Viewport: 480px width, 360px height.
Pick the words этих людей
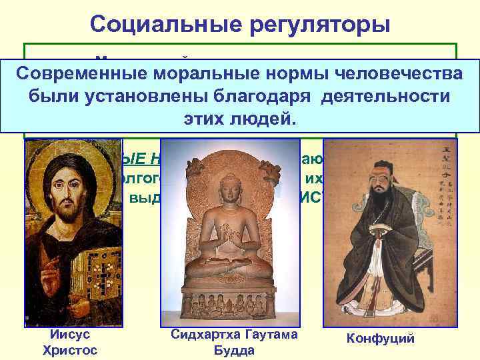pyautogui.click(x=239, y=118)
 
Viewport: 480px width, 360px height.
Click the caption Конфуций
pyautogui.click(x=380, y=338)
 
